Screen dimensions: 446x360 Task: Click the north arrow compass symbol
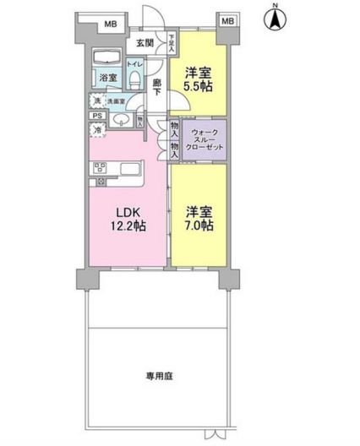(275, 19)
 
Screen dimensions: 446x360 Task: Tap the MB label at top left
(110, 24)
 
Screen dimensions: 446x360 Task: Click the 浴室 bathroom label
(109, 77)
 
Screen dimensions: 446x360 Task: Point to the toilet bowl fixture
(135, 80)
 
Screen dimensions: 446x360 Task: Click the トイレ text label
(134, 63)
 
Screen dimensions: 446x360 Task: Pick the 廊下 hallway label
(158, 87)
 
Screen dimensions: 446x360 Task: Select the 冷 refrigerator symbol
(97, 129)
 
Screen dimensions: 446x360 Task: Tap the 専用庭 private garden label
(157, 374)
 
